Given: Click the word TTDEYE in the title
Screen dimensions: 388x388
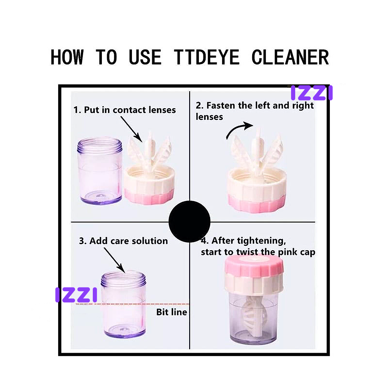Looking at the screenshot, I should pyautogui.click(x=206, y=58).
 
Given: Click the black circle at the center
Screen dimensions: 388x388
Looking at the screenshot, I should pyautogui.click(x=189, y=221).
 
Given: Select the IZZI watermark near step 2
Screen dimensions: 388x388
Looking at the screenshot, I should pyautogui.click(x=311, y=93).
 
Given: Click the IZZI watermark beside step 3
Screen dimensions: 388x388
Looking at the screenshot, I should pyautogui.click(x=76, y=295).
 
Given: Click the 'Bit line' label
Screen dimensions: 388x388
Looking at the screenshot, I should pyautogui.click(x=171, y=312).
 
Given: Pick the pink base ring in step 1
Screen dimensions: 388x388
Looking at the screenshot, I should pyautogui.click(x=149, y=197).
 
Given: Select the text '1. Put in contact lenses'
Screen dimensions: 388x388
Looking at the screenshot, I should pyautogui.click(x=124, y=110).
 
